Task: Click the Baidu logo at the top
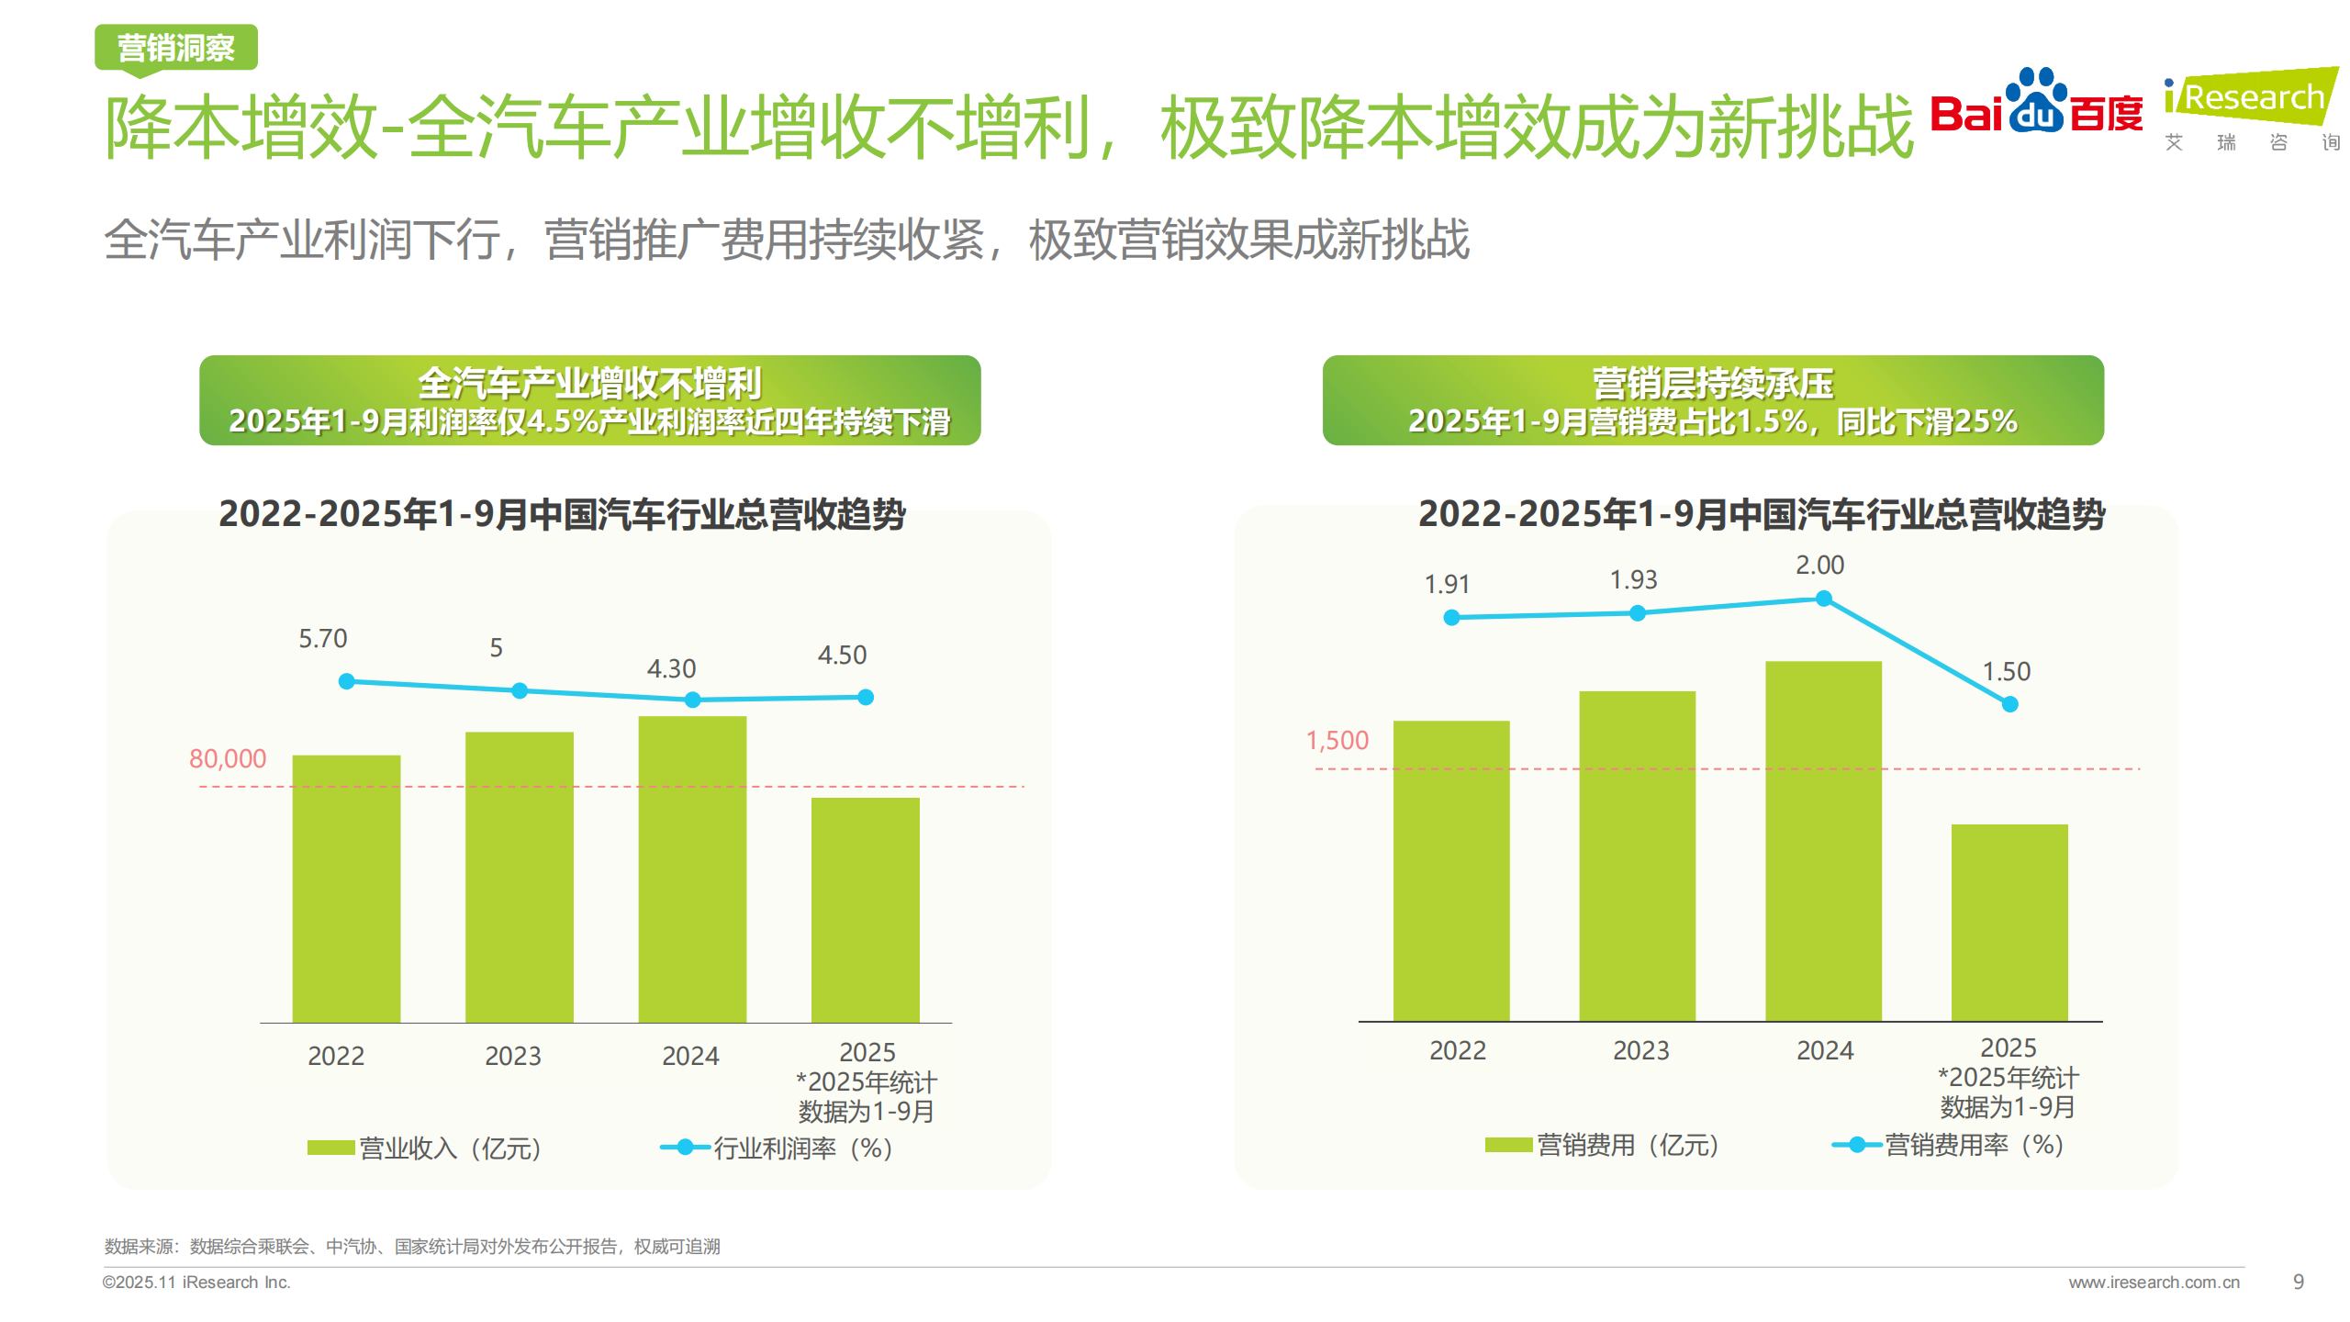[x=2036, y=103]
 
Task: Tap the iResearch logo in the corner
[x=2251, y=106]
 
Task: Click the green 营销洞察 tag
[x=175, y=48]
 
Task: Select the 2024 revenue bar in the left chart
[x=692, y=868]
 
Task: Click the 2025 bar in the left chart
[x=865, y=909]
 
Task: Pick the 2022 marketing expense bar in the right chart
[x=1450, y=870]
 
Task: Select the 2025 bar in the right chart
[x=2009, y=922]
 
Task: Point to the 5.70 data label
[x=322, y=638]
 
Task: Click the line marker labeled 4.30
[x=692, y=700]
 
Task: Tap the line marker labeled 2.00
[x=1823, y=599]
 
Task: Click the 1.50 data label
[x=2006, y=671]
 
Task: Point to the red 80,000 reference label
[x=227, y=758]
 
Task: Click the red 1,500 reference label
[x=1337, y=740]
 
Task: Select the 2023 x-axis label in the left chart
[x=512, y=1056]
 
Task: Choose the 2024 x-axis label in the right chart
[x=1824, y=1050]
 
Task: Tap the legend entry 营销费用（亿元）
[x=1602, y=1145]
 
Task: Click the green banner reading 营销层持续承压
[x=1712, y=400]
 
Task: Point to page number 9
[x=2298, y=1282]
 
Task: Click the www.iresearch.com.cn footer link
[x=2153, y=1283]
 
